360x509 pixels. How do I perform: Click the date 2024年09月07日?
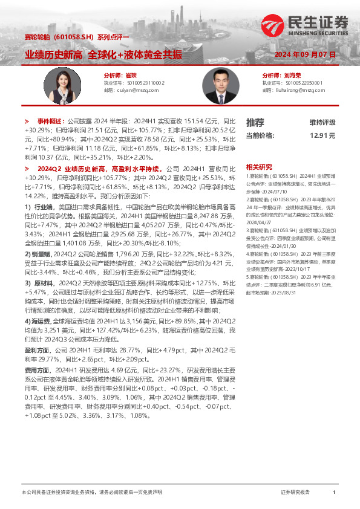305,54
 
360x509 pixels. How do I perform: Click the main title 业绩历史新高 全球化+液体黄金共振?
103,54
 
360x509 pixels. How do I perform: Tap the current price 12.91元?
322,135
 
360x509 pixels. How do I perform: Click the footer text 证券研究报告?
295,493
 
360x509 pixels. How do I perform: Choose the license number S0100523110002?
143,82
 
